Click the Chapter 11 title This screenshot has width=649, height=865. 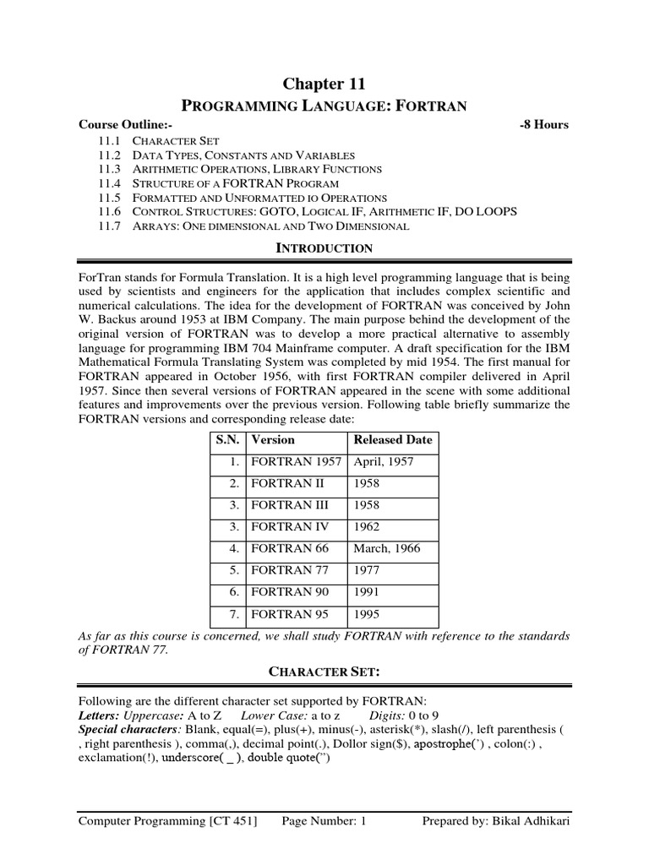coord(324,83)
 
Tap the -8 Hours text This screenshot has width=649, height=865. coord(543,124)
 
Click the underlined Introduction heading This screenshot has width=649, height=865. coord(324,248)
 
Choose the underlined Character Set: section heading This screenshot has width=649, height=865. coord(324,672)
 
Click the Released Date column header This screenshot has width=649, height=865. coord(392,440)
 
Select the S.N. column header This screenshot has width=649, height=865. coord(226,440)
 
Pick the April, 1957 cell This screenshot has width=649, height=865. coord(383,462)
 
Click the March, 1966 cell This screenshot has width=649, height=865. coord(386,549)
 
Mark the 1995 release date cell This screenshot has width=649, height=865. coord(368,614)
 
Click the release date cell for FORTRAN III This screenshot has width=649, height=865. coord(368,505)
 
